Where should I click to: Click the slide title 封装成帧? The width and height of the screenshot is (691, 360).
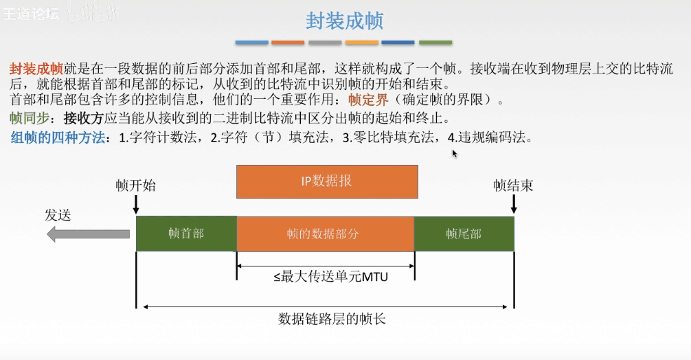pyautogui.click(x=344, y=21)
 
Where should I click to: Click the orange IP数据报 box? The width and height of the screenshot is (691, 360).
pyautogui.click(x=327, y=181)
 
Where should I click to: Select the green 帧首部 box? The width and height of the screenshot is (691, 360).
pyautogui.click(x=186, y=234)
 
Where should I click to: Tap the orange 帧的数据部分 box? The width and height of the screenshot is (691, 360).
pyautogui.click(x=325, y=234)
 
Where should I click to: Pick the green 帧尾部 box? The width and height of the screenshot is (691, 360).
pyautogui.click(x=464, y=234)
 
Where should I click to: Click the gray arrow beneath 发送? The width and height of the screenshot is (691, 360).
pyautogui.click(x=88, y=234)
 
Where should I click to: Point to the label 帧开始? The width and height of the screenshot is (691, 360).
pyautogui.click(x=135, y=185)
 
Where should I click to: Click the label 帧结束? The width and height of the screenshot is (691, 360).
pyautogui.click(x=513, y=185)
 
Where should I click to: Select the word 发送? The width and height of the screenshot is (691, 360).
pyautogui.click(x=58, y=215)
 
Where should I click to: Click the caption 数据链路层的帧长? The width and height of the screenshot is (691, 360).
pyautogui.click(x=327, y=319)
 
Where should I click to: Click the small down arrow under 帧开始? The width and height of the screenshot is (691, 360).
pyautogui.click(x=136, y=205)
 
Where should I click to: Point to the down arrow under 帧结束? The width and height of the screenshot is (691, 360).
pyautogui.click(x=513, y=205)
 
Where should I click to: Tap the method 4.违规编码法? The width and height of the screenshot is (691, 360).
pyautogui.click(x=490, y=137)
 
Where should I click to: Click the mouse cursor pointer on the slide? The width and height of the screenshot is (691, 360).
pyautogui.click(x=455, y=153)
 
